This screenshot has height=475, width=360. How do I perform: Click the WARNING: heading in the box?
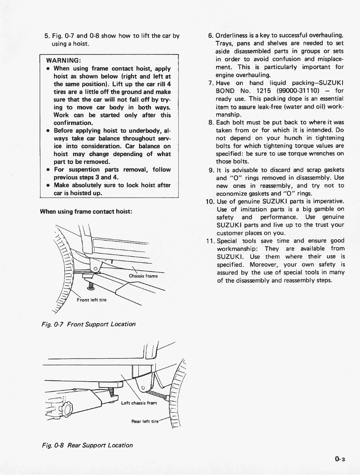pos(64,61)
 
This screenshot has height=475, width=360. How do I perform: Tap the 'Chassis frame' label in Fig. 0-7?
pos(143,276)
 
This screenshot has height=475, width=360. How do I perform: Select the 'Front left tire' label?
pos(91,300)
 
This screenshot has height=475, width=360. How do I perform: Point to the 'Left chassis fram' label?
pos(139,403)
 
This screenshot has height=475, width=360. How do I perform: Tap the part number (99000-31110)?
pos(301,91)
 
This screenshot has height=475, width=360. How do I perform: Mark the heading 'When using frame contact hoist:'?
pos(86,211)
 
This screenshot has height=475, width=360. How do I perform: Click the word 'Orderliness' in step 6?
pos(234,35)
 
